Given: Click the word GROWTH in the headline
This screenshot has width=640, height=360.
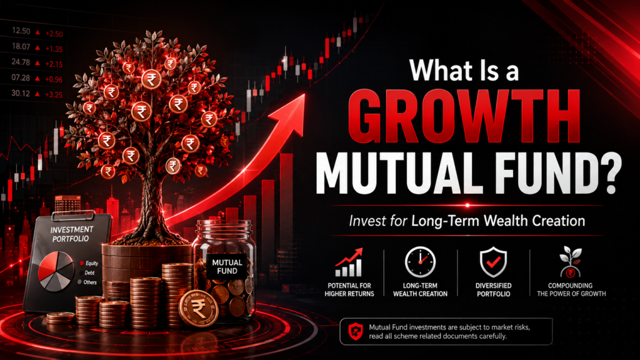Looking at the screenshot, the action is click(x=464, y=116).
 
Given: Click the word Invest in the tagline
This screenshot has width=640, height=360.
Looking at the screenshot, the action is click(x=366, y=221).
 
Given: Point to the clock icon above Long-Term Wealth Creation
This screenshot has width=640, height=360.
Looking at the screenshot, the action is click(x=420, y=262).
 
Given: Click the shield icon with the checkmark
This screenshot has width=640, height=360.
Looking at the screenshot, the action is click(x=493, y=262).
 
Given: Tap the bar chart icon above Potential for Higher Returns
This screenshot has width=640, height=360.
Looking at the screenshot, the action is click(x=349, y=262).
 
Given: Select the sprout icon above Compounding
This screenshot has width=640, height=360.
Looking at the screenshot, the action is click(x=571, y=262).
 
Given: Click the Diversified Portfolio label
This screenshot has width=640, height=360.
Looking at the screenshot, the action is click(x=494, y=290).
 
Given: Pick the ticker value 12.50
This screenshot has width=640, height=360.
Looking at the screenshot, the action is click(x=21, y=31).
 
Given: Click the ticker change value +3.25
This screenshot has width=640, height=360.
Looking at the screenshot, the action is click(x=54, y=95).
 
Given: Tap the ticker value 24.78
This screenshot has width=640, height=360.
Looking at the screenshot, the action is click(x=21, y=62).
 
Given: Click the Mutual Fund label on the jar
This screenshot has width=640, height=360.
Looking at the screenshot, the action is click(x=227, y=266).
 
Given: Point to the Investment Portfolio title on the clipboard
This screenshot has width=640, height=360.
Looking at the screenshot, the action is click(x=71, y=234).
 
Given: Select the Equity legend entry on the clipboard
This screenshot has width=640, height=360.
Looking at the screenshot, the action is click(x=89, y=263).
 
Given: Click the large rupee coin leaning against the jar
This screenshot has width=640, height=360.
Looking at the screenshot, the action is click(x=199, y=309).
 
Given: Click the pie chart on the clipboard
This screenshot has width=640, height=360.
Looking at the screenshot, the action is click(x=56, y=271).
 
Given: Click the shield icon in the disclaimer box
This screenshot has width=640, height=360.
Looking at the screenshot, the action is click(x=356, y=331).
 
